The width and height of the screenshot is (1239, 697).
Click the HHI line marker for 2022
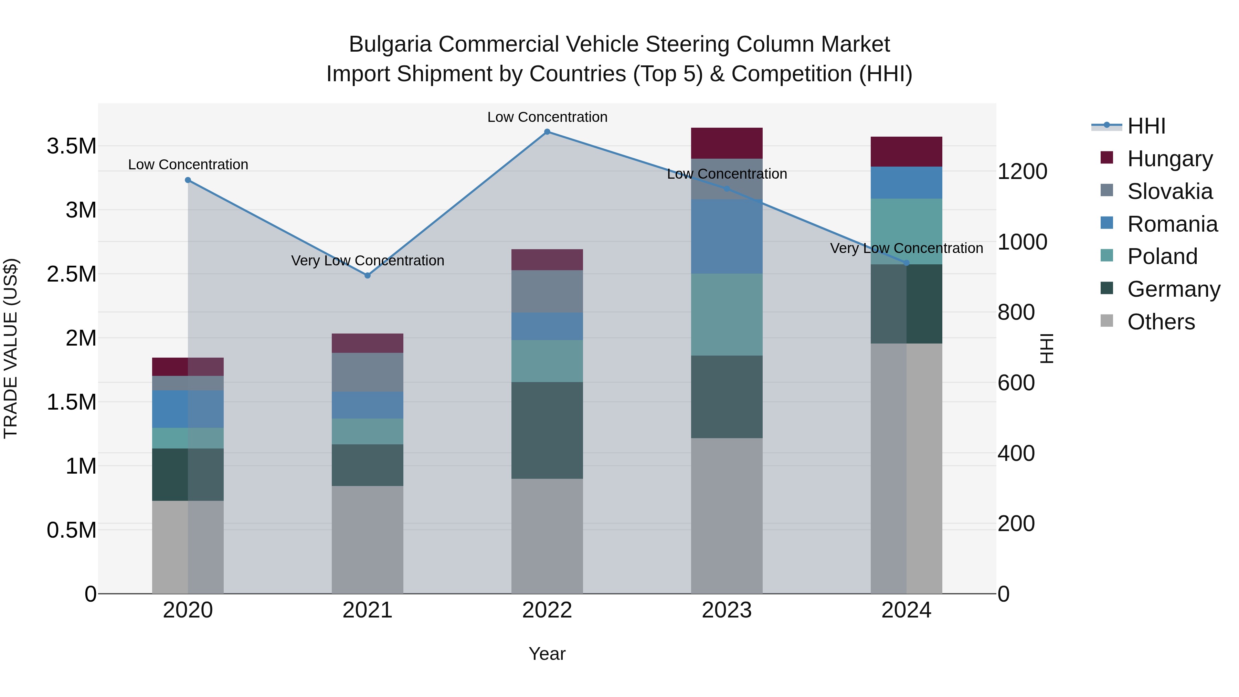pos(547,132)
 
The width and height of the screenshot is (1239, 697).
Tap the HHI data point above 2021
pos(368,276)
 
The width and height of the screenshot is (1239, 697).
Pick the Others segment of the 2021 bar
pos(368,539)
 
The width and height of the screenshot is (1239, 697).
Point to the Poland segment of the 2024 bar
pos(906,231)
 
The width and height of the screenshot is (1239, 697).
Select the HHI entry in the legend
pos(1146,126)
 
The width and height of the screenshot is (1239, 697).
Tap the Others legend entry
pos(1160,322)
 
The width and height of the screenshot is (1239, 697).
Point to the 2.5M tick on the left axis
pos(72,274)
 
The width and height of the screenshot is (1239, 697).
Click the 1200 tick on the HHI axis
pos(1022,172)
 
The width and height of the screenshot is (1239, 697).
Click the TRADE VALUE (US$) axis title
pos(11,348)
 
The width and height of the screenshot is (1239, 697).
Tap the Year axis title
pos(547,654)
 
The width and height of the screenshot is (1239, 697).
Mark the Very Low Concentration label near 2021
pos(368,261)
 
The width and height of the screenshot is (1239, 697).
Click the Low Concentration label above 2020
pos(188,165)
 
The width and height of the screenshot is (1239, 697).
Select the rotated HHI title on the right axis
pos(1047,348)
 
